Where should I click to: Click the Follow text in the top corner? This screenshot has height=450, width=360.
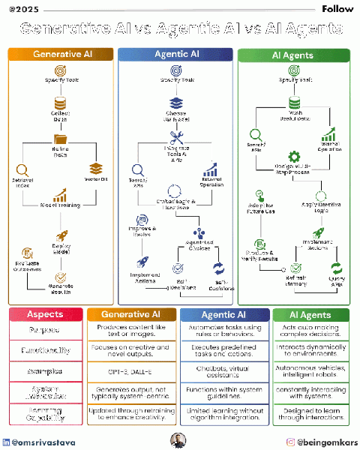(x=337, y=9)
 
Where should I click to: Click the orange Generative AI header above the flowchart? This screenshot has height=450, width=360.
(x=61, y=54)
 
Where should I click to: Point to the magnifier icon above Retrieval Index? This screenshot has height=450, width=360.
(x=22, y=170)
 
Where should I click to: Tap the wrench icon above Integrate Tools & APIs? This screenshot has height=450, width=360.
(x=178, y=138)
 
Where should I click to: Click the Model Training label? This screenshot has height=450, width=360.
(x=61, y=205)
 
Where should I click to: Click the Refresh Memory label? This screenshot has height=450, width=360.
(x=295, y=280)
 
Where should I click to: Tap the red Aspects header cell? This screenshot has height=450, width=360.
(x=45, y=315)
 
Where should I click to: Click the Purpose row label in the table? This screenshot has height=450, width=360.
(x=45, y=331)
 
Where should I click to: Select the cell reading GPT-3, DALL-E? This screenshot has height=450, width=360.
(x=132, y=370)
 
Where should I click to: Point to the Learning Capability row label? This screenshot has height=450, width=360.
(x=45, y=413)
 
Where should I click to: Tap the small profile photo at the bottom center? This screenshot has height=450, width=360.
(x=179, y=440)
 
